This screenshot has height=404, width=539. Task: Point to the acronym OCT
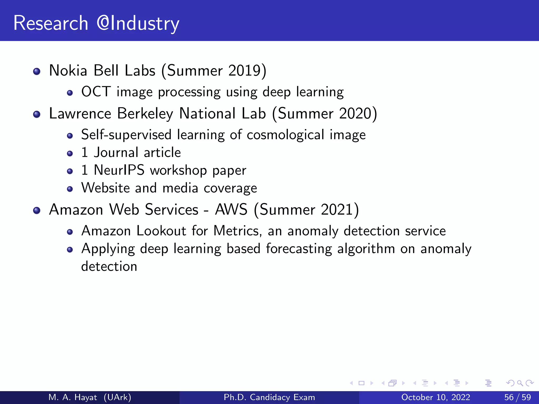pos(96,92)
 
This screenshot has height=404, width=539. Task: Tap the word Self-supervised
pos(126,135)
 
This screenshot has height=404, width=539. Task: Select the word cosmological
pos(285,135)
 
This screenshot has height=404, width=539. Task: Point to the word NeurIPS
pos(119,170)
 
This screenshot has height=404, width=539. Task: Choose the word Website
pos(106,188)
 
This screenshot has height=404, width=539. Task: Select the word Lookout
pos(161,231)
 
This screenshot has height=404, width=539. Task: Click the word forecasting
pos(299,249)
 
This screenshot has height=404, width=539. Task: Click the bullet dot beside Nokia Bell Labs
pos(37,71)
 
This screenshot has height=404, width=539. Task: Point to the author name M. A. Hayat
pos(73,397)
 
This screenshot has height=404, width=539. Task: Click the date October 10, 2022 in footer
pos(436,397)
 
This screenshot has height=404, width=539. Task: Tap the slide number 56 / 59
pos(517,397)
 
